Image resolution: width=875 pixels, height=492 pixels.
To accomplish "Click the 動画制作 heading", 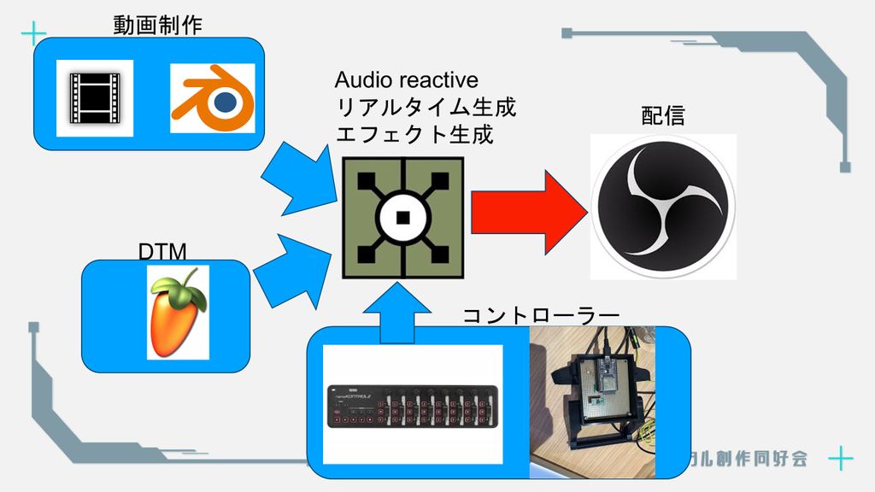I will [x=157, y=25].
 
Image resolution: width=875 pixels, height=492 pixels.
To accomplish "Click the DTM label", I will [x=162, y=251].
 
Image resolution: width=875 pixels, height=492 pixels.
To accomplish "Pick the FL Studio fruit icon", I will [x=178, y=312].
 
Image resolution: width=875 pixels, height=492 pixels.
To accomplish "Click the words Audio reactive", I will [x=406, y=80].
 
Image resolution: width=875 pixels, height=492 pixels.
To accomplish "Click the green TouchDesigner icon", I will [x=404, y=218].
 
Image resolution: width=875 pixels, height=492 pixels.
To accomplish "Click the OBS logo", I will [x=663, y=206].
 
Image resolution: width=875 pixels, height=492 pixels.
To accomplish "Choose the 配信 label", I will [x=663, y=116].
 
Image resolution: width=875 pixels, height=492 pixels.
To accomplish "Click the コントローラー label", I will [x=540, y=315].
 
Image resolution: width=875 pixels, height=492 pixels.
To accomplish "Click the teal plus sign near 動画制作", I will [x=33, y=34].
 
